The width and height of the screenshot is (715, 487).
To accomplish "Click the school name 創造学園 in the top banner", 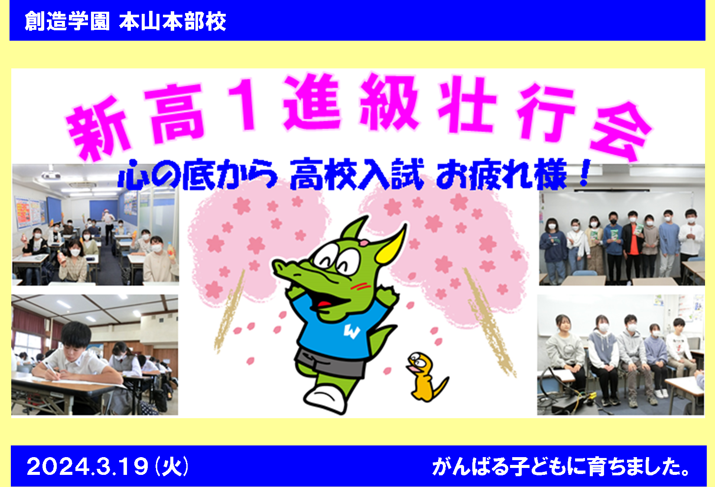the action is [67, 21].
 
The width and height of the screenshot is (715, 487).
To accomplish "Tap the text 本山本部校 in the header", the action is [173, 21].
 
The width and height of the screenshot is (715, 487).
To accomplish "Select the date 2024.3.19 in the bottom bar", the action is [88, 467].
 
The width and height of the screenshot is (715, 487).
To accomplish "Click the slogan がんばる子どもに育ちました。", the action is [560, 467].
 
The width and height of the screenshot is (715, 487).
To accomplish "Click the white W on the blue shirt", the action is [352, 332].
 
